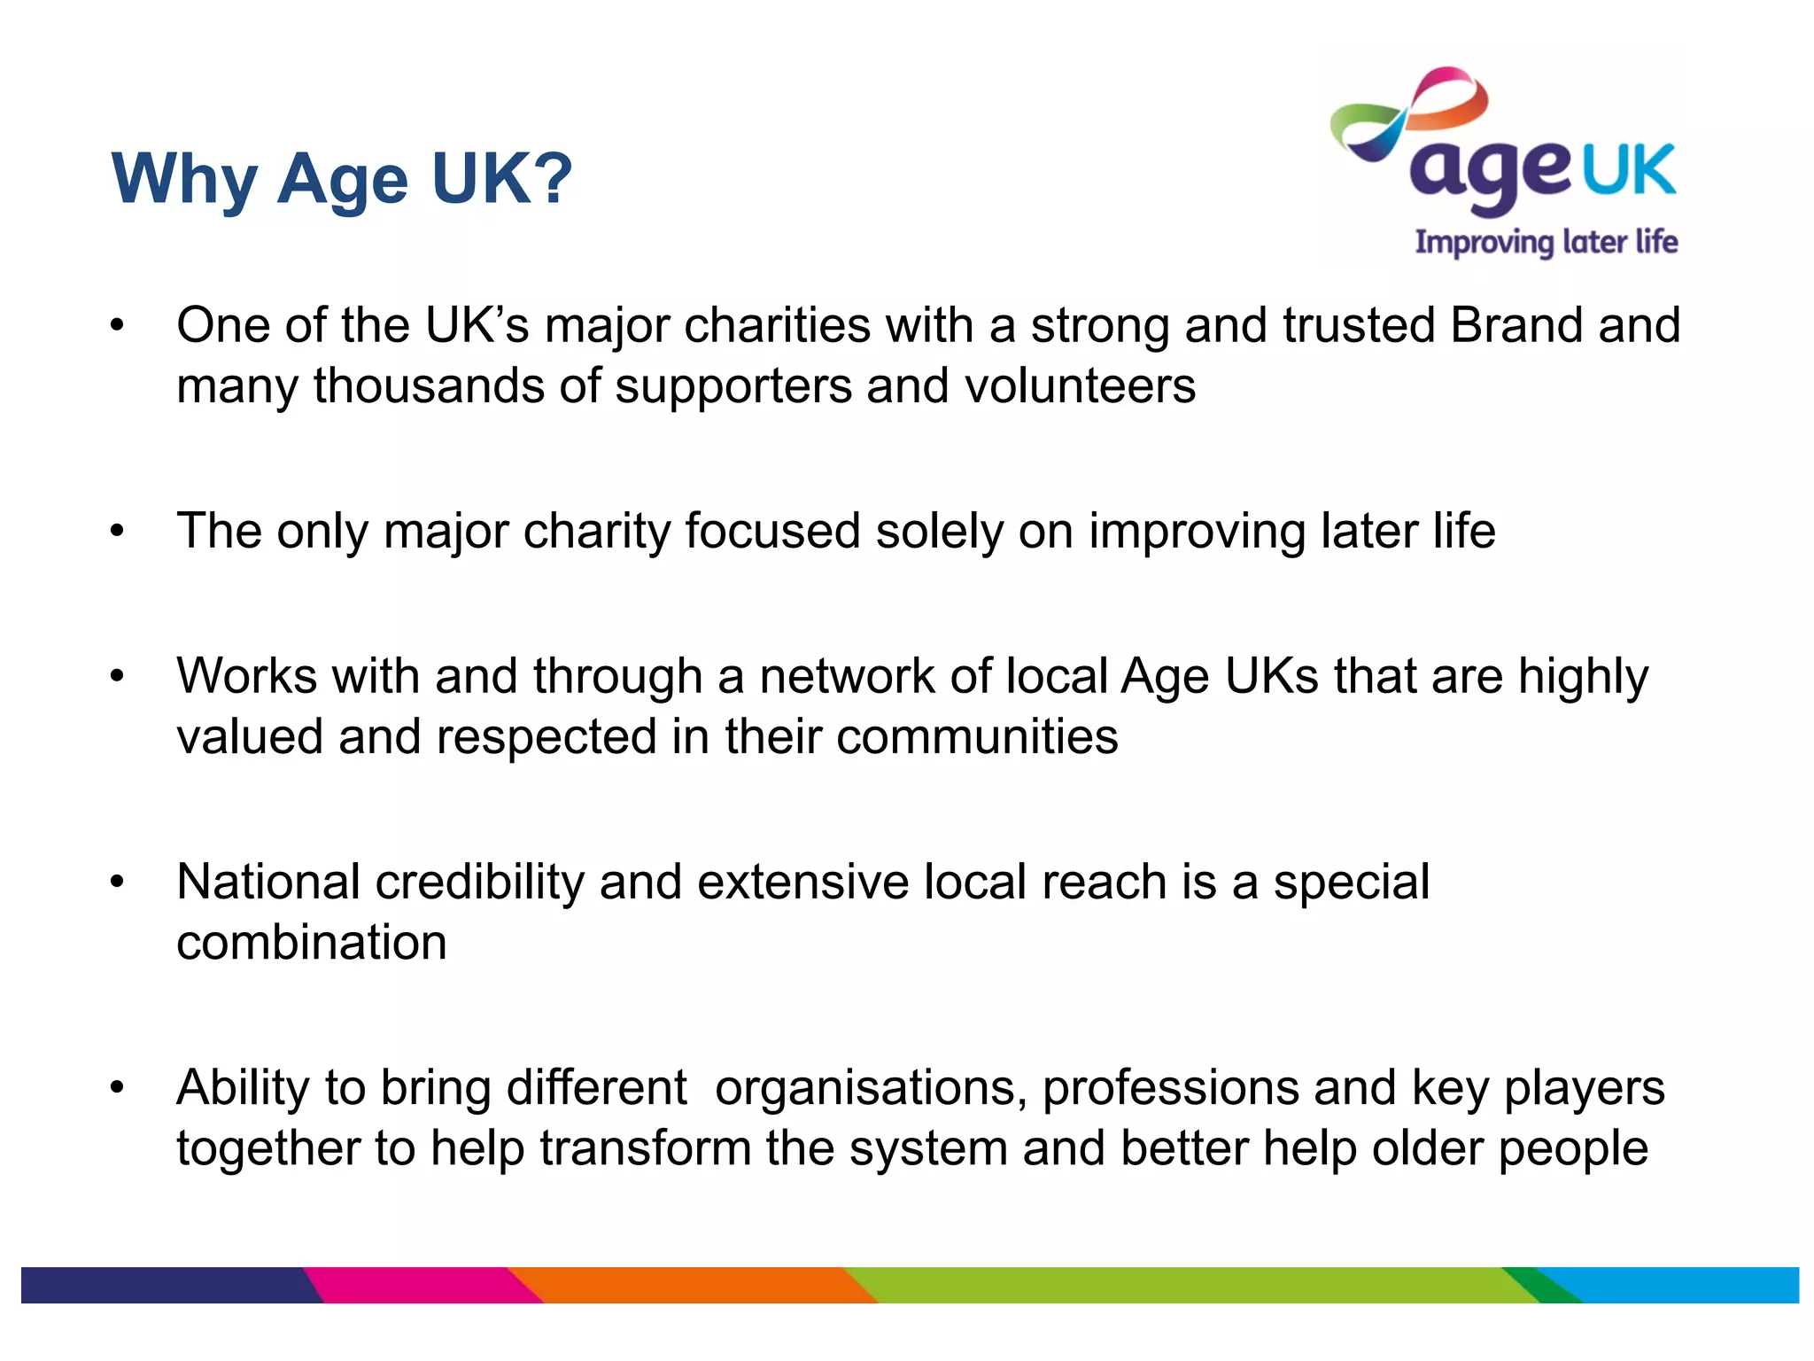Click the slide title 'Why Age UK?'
point(342,179)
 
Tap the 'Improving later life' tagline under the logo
point(1546,242)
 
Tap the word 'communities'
point(977,737)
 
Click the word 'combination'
point(312,942)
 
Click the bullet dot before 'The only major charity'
point(118,532)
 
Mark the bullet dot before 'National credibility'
point(118,883)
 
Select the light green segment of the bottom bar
point(1187,1285)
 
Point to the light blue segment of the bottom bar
point(1683,1285)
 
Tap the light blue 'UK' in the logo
point(1628,170)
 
